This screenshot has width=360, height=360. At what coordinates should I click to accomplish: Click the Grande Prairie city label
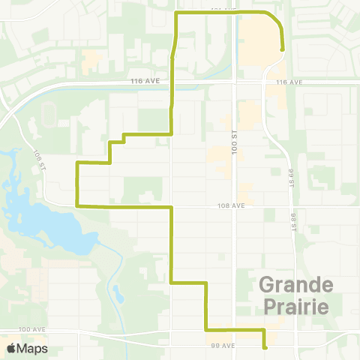pyautogui.click(x=295, y=295)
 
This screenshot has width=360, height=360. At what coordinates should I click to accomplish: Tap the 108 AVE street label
pyautogui.click(x=232, y=205)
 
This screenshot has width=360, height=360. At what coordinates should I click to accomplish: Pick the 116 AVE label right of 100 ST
pyautogui.click(x=288, y=82)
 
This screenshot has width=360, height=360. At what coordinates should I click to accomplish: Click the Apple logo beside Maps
pyautogui.click(x=13, y=348)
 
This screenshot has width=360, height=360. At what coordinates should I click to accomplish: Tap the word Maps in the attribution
pyautogui.click(x=34, y=348)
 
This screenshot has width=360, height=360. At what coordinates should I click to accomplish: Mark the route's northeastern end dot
pyautogui.click(x=283, y=49)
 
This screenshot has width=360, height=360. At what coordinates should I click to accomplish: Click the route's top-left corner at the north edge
pyautogui.click(x=175, y=13)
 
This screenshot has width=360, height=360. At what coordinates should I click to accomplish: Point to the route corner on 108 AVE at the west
pyautogui.click(x=77, y=205)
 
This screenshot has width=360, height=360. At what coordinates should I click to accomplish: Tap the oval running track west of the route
pyautogui.click(x=49, y=114)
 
